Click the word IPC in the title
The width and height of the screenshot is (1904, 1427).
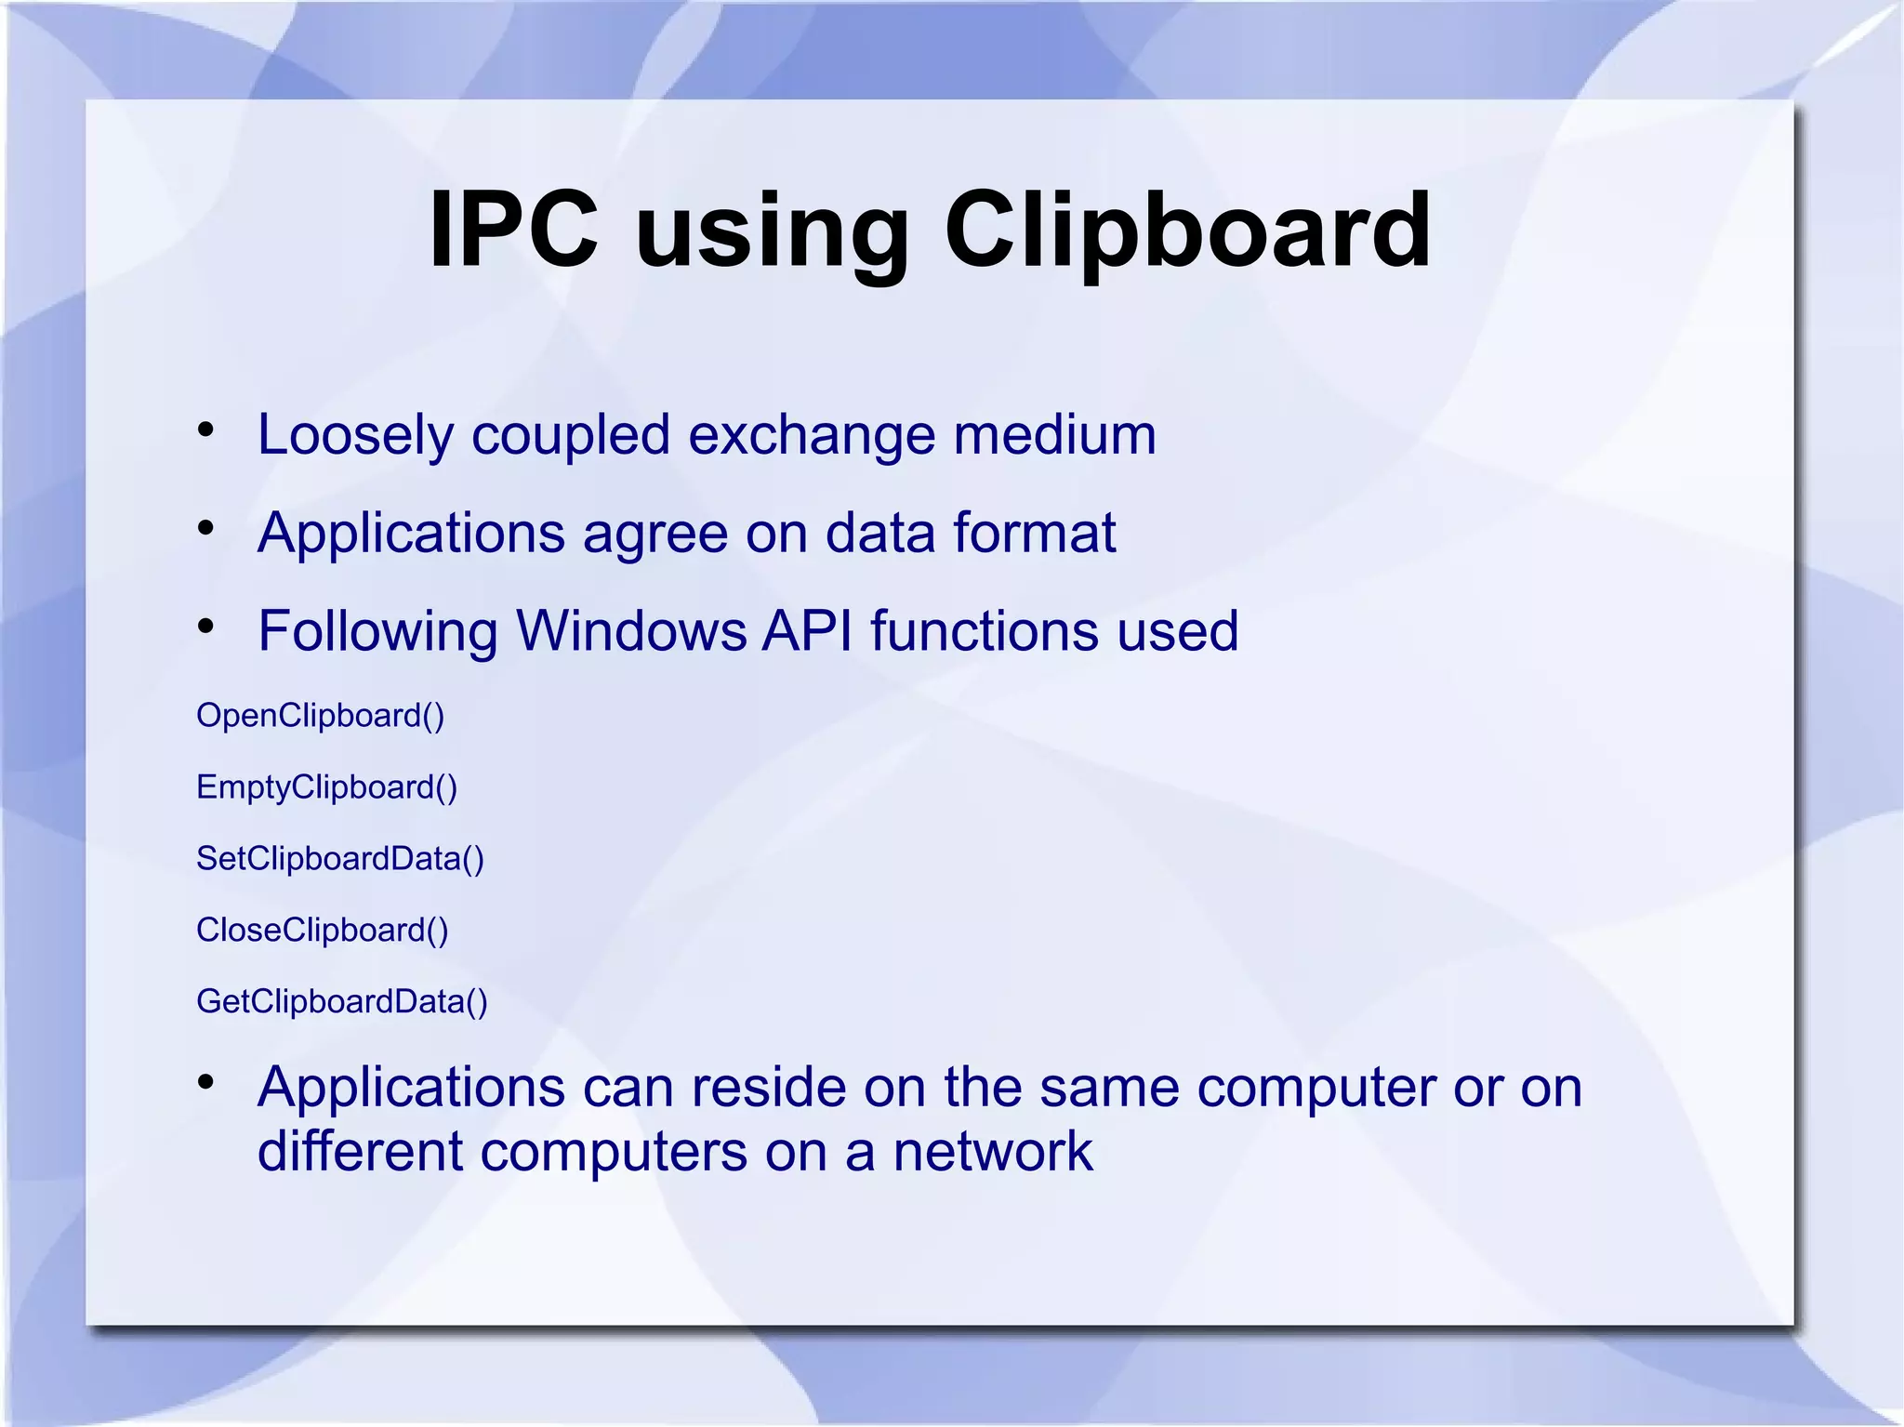point(513,230)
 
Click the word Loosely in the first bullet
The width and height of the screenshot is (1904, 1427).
point(356,435)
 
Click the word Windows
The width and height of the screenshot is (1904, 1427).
point(631,631)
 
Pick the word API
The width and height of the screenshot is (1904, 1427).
point(807,631)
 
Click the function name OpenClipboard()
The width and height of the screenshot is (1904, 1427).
point(321,716)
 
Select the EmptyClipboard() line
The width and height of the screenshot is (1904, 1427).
point(327,787)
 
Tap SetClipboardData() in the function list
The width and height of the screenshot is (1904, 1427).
point(340,858)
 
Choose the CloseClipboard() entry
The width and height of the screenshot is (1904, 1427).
point(323,930)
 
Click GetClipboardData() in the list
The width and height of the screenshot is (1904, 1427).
point(342,1001)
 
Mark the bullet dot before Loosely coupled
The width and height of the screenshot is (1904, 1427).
point(206,430)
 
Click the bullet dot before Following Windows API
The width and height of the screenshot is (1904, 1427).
point(206,627)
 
